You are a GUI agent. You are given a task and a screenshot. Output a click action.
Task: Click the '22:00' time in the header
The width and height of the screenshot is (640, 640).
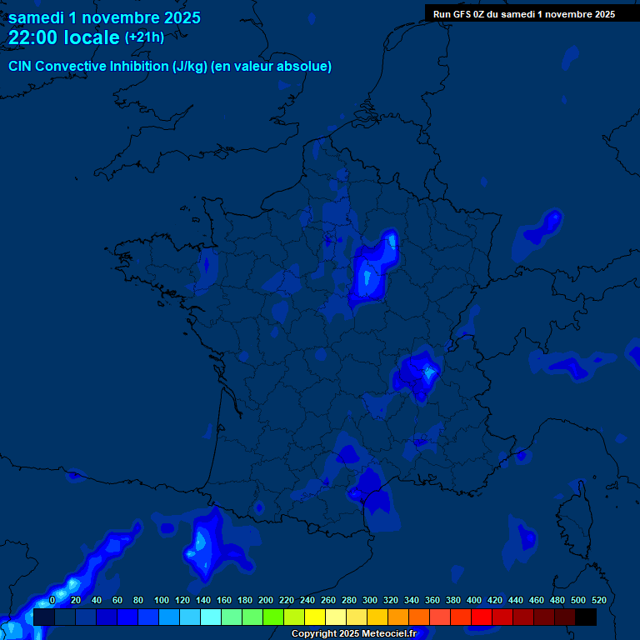click(x=32, y=37)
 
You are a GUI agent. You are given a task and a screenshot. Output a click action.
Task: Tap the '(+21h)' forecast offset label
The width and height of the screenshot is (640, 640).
click(x=144, y=37)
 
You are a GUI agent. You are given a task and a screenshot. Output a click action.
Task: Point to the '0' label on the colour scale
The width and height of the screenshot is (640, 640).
click(x=52, y=600)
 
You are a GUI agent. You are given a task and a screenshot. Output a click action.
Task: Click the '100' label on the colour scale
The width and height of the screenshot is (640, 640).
click(x=162, y=600)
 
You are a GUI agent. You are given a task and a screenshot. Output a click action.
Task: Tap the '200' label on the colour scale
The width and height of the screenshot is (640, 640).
click(x=266, y=600)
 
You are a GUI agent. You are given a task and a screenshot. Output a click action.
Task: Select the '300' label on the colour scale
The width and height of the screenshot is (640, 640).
click(x=370, y=600)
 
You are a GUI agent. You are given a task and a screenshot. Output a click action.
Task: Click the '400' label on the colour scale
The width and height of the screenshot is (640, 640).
click(x=474, y=600)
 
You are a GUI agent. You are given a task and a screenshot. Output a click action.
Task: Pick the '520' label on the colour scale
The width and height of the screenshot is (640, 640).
click(x=598, y=600)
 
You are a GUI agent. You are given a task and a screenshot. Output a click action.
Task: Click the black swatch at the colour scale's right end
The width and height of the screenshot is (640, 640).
click(x=585, y=617)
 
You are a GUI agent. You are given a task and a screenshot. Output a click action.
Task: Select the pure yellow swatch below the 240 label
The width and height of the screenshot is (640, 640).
click(x=314, y=617)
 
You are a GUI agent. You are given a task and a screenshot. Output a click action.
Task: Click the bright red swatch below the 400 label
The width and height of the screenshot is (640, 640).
click(x=481, y=617)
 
